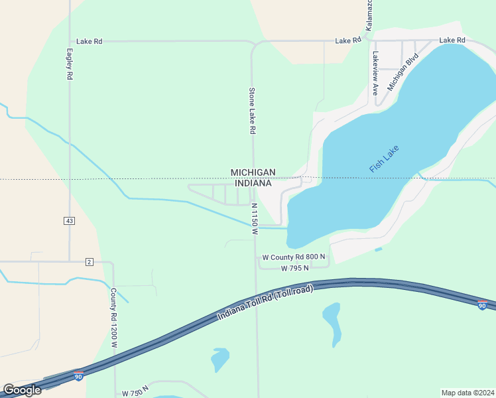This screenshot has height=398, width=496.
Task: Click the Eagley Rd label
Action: (x=69, y=64)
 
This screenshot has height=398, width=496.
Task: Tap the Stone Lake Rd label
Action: (x=252, y=111)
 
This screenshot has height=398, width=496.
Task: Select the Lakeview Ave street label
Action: (x=375, y=74)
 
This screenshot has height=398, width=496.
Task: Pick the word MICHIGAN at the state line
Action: (x=253, y=172)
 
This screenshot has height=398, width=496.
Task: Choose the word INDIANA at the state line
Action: (x=253, y=183)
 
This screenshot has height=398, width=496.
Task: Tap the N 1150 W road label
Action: (x=254, y=220)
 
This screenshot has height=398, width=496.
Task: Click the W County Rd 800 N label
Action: (x=294, y=257)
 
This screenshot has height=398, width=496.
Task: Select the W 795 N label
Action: (x=295, y=269)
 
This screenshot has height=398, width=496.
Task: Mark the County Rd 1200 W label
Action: (x=113, y=318)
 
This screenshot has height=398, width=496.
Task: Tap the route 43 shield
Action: (x=69, y=220)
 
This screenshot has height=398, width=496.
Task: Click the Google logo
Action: (x=22, y=390)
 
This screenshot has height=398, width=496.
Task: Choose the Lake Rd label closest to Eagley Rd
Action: (x=89, y=41)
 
